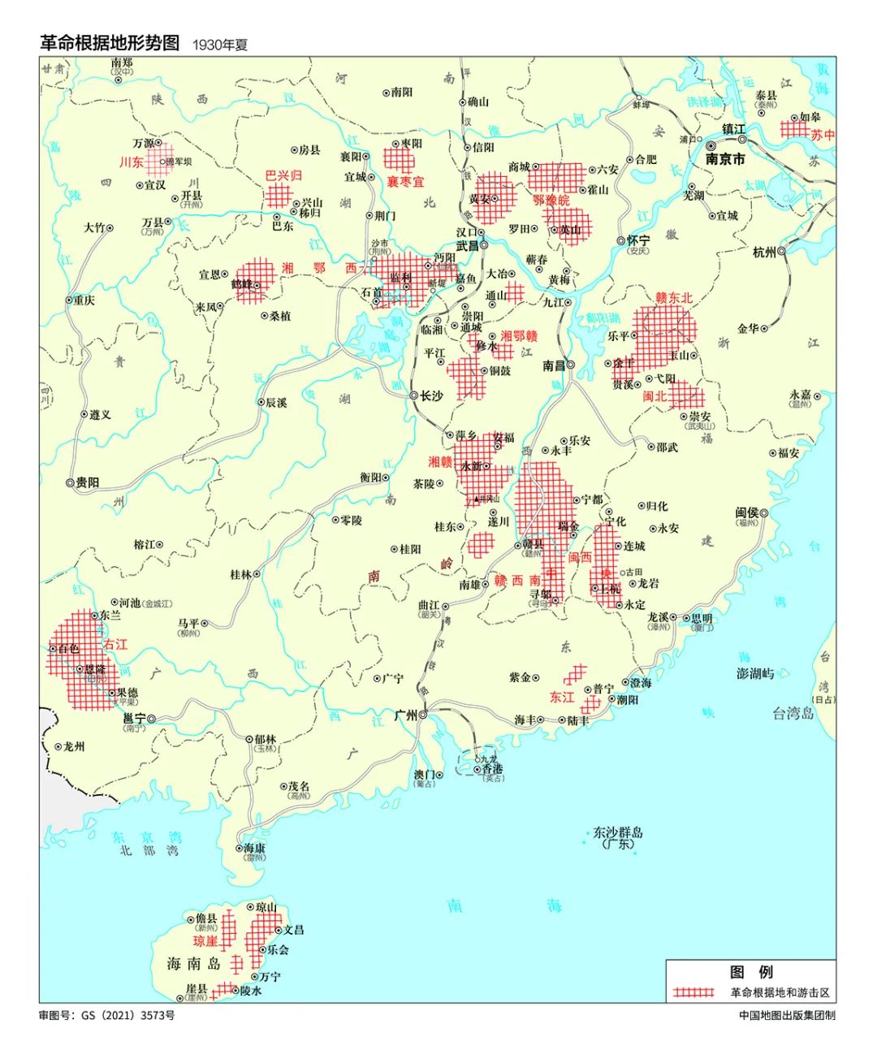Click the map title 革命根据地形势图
[110, 43]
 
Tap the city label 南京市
[724, 159]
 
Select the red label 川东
[131, 162]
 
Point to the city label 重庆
[84, 300]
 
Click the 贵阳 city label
[88, 482]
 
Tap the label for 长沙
[431, 396]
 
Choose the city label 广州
[405, 715]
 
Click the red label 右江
[115, 644]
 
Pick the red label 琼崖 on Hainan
[205, 941]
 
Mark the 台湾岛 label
[793, 713]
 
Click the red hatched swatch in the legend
[693, 992]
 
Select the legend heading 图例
[750, 972]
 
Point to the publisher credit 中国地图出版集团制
[787, 1015]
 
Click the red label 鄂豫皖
[551, 200]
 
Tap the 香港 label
[492, 768]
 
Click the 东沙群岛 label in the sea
[618, 832]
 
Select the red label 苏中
[823, 136]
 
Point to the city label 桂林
[240, 574]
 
